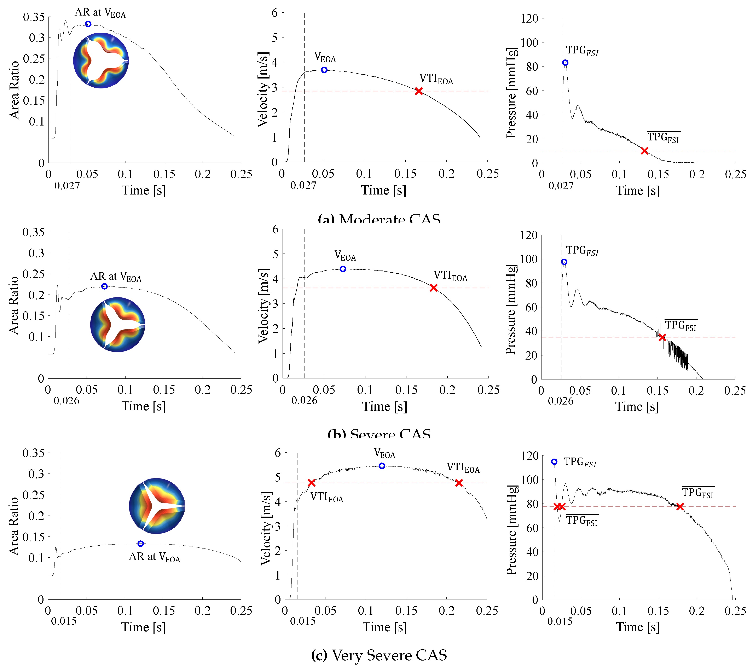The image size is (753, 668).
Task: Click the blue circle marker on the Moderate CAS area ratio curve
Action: tap(88, 24)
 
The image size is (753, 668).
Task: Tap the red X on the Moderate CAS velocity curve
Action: tap(418, 91)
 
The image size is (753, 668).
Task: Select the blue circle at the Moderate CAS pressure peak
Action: tap(565, 63)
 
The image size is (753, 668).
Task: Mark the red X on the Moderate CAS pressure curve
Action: tap(644, 151)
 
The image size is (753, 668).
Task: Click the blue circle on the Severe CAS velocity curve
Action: tap(343, 269)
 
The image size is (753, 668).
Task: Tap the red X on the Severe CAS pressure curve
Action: tap(662, 337)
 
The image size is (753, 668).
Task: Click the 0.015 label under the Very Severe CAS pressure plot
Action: tap(560, 622)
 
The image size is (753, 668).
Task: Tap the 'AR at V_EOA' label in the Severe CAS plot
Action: tap(116, 277)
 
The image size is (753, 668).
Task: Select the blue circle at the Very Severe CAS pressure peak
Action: tap(554, 462)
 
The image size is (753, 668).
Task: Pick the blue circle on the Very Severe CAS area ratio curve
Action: tap(140, 544)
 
